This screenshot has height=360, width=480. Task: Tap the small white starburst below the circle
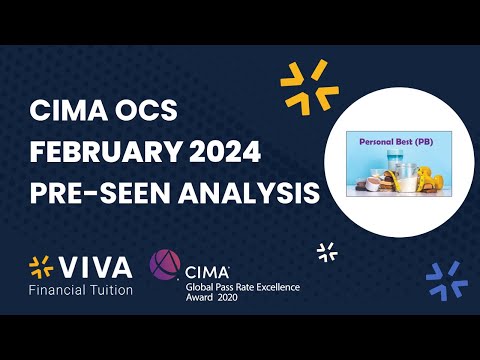click(x=326, y=251)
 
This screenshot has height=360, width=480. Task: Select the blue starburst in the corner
click(x=446, y=280)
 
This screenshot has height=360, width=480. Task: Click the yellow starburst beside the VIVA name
click(x=41, y=269)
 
